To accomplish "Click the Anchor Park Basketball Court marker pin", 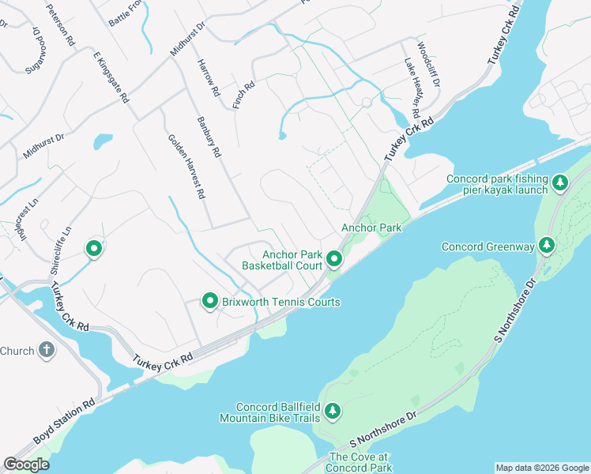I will [x=334, y=258].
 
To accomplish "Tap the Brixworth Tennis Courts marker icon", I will [x=210, y=301].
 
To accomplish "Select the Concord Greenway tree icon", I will [x=546, y=246].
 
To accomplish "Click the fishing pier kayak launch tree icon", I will [x=559, y=183].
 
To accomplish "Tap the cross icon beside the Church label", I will [x=47, y=350].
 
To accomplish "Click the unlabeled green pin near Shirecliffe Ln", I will [x=93, y=249].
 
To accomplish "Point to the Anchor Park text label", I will [x=371, y=228].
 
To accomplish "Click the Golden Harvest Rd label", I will [x=186, y=166].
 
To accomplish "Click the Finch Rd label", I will [x=243, y=96].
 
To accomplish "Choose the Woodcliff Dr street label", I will [x=428, y=65].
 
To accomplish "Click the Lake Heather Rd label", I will [x=412, y=87].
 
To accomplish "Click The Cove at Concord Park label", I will [x=360, y=462].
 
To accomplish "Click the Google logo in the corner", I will [x=26, y=465].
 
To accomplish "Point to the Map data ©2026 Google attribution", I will [x=541, y=468].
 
